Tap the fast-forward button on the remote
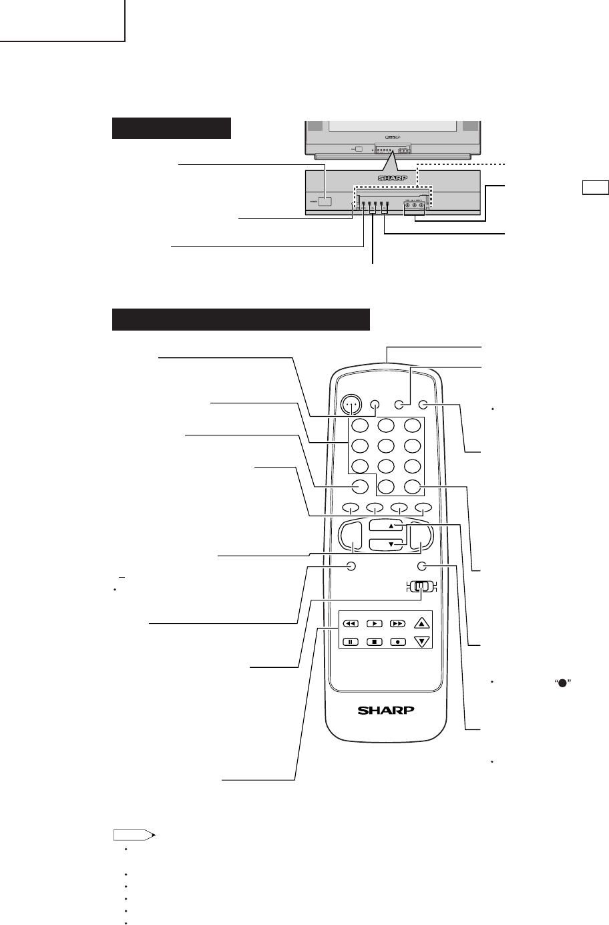tap(398, 623)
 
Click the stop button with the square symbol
tap(375, 642)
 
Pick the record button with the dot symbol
tap(398, 642)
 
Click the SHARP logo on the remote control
tap(386, 710)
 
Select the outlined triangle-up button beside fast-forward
tap(421, 623)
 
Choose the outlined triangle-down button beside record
tap(421, 642)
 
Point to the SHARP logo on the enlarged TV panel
tap(393, 178)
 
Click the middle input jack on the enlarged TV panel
tap(415, 205)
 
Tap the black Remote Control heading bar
tap(241, 319)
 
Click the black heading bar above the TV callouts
tap(172, 128)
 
